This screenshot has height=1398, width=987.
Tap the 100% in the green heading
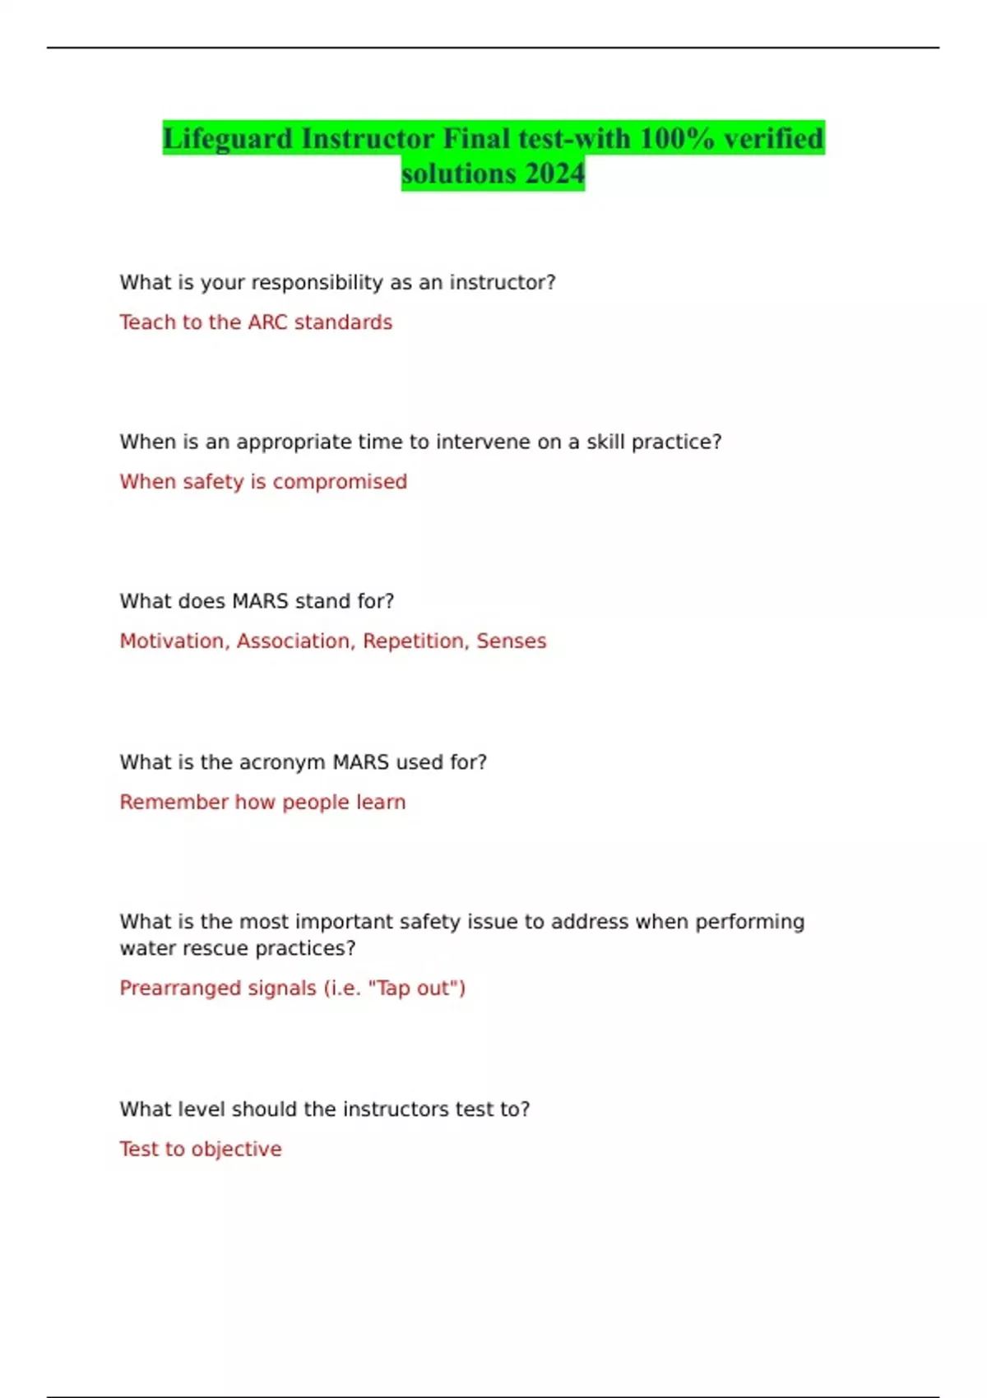(x=677, y=139)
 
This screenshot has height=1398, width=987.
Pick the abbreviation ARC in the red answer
(x=267, y=322)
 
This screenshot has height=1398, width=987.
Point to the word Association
(x=294, y=641)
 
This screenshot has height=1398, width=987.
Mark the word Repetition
(x=415, y=641)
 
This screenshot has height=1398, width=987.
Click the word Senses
(x=511, y=641)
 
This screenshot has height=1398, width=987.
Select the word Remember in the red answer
(x=174, y=803)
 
